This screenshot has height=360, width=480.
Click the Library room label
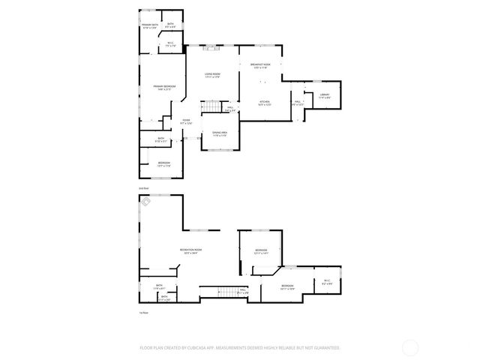point(325,95)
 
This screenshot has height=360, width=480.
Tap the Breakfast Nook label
point(260,66)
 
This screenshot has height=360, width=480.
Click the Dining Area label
point(219,134)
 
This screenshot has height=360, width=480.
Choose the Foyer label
point(186,121)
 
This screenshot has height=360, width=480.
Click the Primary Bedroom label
point(164,88)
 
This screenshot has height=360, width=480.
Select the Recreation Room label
point(190,251)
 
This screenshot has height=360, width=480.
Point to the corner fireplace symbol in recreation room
point(147,200)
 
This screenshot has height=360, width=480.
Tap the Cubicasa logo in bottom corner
point(410,346)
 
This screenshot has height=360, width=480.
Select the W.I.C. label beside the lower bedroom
point(327,283)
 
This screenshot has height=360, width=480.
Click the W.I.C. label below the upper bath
point(170,44)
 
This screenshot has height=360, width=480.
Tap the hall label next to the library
point(298,103)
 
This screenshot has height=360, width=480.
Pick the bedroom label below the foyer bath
point(163,164)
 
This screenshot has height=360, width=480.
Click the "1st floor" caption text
point(143,312)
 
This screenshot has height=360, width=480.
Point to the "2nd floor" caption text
point(143,188)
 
